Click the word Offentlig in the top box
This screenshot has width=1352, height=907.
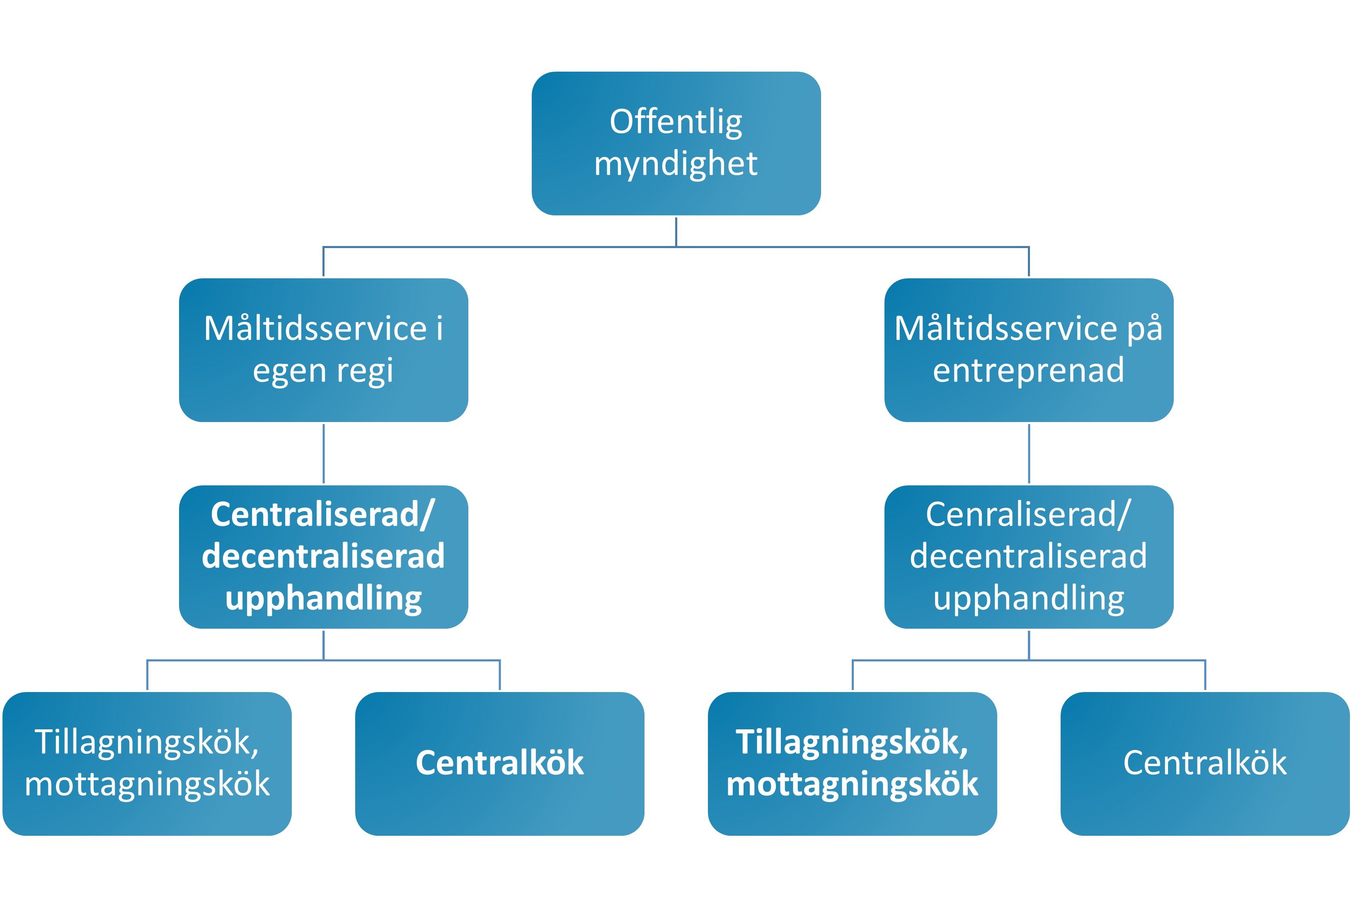(x=676, y=122)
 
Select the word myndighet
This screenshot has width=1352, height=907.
(x=676, y=165)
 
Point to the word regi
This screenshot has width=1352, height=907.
(x=365, y=371)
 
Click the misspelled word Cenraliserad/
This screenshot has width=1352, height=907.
(x=1028, y=514)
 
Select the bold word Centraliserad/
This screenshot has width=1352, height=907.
(x=323, y=514)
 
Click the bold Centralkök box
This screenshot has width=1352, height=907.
(x=499, y=764)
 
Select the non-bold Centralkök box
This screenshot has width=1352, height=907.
(x=1205, y=764)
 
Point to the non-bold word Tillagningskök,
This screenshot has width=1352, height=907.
(x=146, y=743)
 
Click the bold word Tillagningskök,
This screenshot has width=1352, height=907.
(x=852, y=743)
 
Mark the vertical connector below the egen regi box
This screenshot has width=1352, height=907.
(x=324, y=453)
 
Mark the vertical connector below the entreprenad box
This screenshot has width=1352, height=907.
(x=1029, y=453)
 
